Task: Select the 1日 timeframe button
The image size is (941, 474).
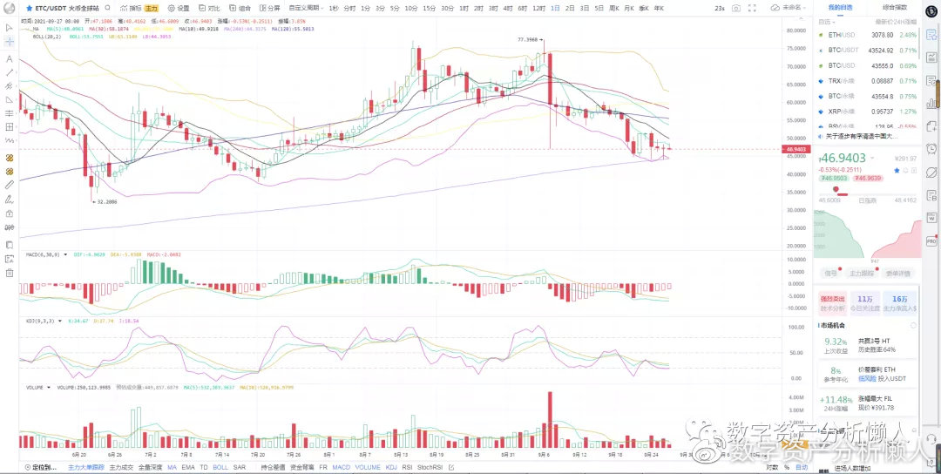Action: click(554, 8)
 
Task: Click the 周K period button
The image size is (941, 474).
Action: click(613, 8)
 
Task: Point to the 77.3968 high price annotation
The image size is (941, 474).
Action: click(528, 39)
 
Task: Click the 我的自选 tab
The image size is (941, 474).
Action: click(840, 7)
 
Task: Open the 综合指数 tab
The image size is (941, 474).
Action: click(894, 7)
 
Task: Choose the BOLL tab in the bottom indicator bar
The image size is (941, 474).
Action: click(220, 467)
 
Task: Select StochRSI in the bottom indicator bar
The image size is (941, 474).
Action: click(430, 467)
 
